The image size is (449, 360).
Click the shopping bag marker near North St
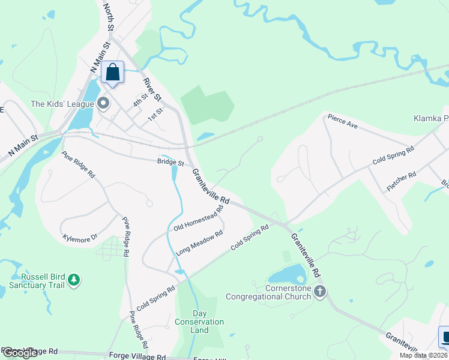112,73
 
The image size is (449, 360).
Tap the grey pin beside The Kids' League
103,104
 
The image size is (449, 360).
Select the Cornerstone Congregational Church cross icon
320,292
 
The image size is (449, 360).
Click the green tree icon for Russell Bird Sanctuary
74,279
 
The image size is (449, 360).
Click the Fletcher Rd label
402,182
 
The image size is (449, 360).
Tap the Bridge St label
170,161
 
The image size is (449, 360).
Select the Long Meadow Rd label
200,244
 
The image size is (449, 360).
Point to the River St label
153,89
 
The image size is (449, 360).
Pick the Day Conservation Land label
199,322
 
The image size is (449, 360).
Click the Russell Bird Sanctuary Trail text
43,281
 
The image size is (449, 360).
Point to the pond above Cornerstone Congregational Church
288,275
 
